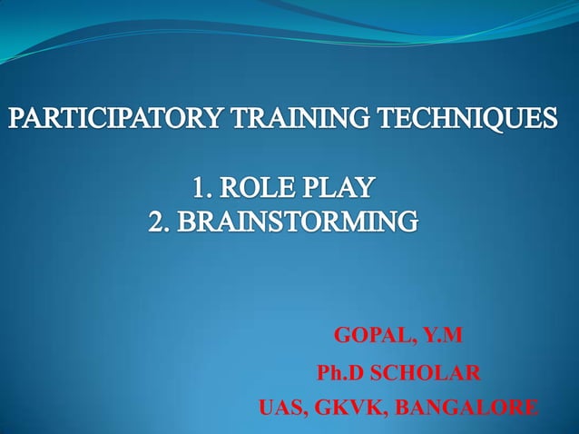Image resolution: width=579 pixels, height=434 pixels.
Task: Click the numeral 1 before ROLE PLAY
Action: point(197,190)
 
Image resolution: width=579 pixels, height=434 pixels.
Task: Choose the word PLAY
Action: point(339,190)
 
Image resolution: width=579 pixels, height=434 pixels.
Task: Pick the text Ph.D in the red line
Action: point(336,373)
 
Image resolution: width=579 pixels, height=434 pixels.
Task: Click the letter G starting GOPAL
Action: point(343,337)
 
